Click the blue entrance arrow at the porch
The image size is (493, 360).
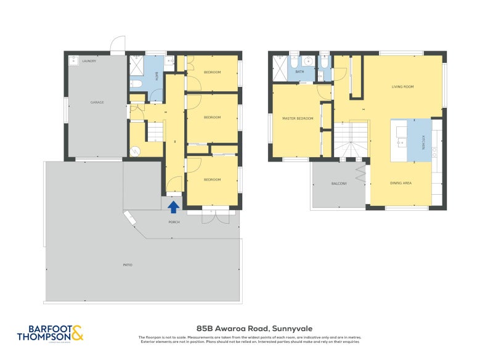pyautogui.click(x=174, y=207)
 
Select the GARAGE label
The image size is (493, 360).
pyautogui.click(x=97, y=102)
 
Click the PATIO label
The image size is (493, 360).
pyautogui.click(x=128, y=265)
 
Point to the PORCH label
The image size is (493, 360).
pyautogui.click(x=174, y=221)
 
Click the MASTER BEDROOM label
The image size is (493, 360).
pyautogui.click(x=298, y=118)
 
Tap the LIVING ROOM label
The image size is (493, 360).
pyautogui.click(x=402, y=87)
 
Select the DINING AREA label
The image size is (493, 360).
pyautogui.click(x=401, y=183)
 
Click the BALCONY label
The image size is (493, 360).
pyautogui.click(x=339, y=184)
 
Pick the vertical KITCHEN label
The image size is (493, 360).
pyautogui.click(x=423, y=141)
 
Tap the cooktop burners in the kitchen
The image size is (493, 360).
pyautogui.click(x=435, y=150)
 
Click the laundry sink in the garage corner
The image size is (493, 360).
pyautogui.click(x=73, y=61)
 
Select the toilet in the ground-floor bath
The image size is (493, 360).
pyautogui.click(x=137, y=83)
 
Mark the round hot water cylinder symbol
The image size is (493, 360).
pyautogui.click(x=136, y=149)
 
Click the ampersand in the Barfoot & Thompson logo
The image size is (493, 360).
pyautogui.click(x=77, y=333)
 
